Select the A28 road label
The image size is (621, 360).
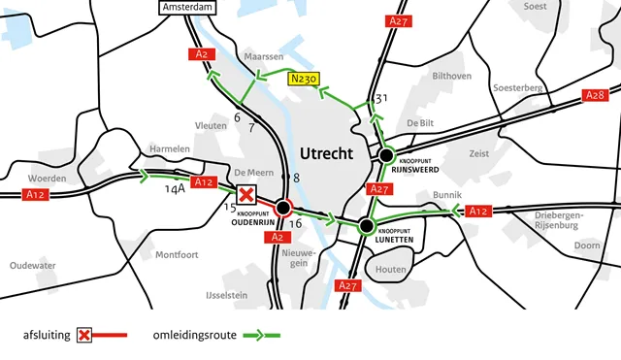coord(595,95)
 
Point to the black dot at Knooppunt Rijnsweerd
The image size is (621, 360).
coord(386,155)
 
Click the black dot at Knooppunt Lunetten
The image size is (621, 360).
coord(366,227)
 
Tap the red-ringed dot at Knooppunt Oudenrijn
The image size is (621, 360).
coord(283,208)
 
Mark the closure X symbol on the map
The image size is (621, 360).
coord(246,194)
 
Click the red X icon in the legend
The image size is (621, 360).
coord(84,336)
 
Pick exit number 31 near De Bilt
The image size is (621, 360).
coord(381,98)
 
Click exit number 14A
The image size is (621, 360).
coord(175,190)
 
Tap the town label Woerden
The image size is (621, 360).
coord(47,179)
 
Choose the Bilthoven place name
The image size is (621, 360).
coord(451,75)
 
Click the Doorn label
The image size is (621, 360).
coord(587,245)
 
